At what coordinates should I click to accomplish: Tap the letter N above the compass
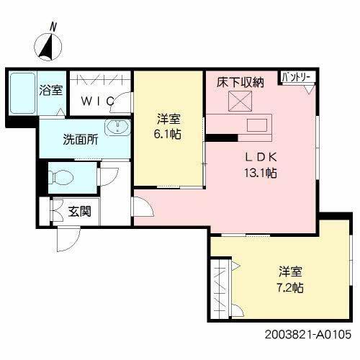[x=53, y=26]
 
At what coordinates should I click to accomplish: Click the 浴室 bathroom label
[x=50, y=91]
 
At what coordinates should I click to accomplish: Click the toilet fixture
[x=63, y=175]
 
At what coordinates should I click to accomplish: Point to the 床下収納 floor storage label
[x=240, y=83]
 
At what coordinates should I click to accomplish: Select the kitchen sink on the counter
[x=256, y=126]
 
